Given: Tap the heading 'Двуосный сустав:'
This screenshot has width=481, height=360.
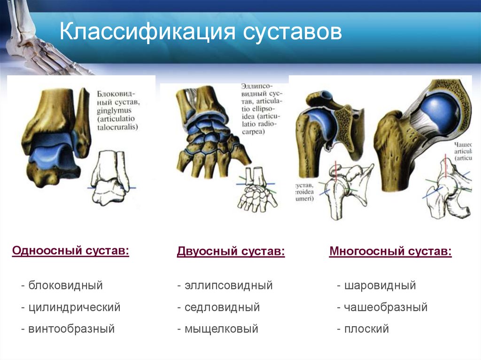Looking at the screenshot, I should tap(231, 252).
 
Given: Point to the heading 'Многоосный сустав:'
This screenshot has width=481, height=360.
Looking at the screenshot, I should tap(390, 252).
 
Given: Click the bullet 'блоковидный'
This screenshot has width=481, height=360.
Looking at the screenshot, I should tap(65, 285).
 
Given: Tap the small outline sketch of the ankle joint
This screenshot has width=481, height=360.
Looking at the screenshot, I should tap(111, 178).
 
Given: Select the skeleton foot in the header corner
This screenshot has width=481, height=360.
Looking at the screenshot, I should tap(38, 42).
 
